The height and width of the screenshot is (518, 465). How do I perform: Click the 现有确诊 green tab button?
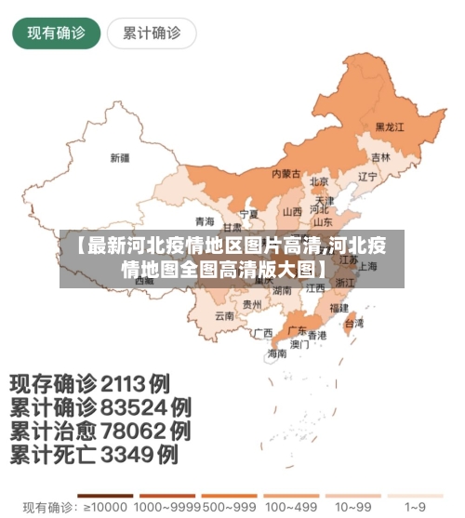tap(56, 33)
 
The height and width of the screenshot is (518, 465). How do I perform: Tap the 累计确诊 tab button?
tap(151, 33)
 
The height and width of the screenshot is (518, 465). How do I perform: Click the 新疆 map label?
tap(120, 156)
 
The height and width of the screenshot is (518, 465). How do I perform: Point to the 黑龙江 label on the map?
tap(390, 126)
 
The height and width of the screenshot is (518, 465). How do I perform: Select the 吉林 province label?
tap(380, 157)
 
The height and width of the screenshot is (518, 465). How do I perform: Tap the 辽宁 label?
tap(367, 176)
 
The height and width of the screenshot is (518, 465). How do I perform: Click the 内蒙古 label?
tap(286, 173)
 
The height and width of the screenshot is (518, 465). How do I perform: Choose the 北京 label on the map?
tap(319, 181)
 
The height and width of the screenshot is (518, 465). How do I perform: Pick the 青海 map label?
tap(205, 220)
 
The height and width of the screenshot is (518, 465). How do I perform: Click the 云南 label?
tap(224, 315)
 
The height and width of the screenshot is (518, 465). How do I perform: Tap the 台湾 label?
tap(354, 323)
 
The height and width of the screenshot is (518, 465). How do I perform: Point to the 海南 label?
tap(277, 353)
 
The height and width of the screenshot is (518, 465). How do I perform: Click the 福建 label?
tap(339, 305)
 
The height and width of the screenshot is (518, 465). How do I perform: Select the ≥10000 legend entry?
tap(104, 508)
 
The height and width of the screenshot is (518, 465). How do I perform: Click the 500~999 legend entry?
tap(227, 508)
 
